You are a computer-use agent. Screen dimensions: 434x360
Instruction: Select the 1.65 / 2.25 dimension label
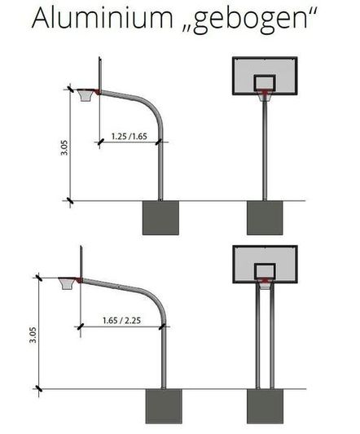click(x=123, y=321)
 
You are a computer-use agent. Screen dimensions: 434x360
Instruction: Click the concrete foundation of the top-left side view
click(x=160, y=217)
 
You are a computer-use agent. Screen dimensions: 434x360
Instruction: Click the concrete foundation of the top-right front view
click(x=264, y=217)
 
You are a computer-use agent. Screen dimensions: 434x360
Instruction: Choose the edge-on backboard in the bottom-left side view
click(x=81, y=263)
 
